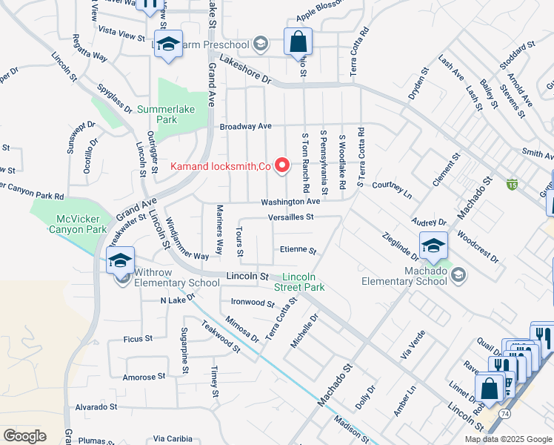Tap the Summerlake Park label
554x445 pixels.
pos(167,114)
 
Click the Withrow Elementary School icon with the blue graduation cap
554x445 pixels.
pos(120,261)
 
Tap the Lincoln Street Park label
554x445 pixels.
pos(298,281)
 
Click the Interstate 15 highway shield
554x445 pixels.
pos(512,183)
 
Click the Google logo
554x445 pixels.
pos(24,436)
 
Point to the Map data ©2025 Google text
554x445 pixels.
pos(508,439)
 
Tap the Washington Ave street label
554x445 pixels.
pos(290,202)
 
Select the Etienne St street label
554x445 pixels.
pos(298,251)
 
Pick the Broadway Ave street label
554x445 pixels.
pos(246,126)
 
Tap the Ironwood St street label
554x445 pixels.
pos(253,303)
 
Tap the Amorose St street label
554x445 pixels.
pos(144,377)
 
